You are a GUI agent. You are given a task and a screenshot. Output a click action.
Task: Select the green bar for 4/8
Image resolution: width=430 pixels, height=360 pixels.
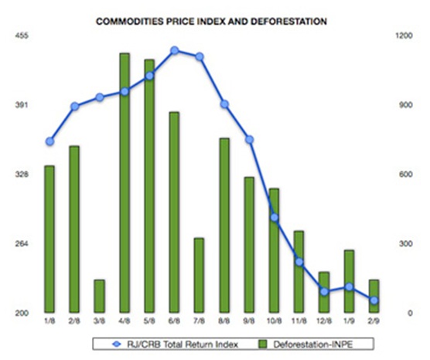tap(125, 182)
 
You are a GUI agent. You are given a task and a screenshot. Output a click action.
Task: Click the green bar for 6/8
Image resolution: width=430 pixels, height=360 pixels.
tap(175, 212)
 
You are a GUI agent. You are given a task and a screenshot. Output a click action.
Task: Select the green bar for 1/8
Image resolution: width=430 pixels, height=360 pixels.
tap(49, 239)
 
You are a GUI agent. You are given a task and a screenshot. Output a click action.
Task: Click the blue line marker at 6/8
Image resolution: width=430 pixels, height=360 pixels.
tap(175, 50)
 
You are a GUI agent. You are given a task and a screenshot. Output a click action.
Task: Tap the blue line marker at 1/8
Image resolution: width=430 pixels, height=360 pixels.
tap(49, 141)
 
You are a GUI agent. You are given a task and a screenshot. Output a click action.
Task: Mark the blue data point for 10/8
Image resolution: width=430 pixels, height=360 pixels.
tap(275, 218)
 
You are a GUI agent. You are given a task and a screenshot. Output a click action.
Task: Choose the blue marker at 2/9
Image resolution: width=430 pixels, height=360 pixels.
tap(374, 301)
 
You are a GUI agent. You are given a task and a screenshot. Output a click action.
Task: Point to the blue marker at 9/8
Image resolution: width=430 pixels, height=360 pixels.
tap(250, 140)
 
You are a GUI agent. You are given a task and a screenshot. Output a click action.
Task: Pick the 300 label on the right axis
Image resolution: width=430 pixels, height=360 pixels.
tap(402, 244)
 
